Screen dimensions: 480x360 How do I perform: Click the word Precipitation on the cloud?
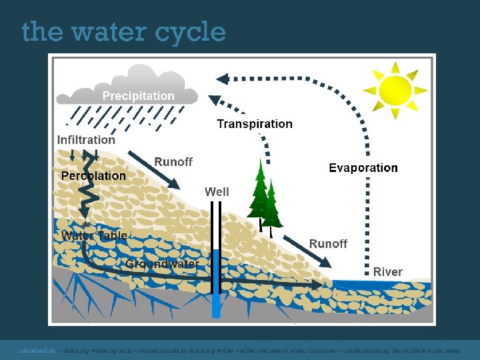click(138, 96)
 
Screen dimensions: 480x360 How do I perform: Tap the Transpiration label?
click(255, 124)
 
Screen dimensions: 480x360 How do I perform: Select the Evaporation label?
click(363, 168)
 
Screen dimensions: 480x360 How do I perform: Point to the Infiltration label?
click(86, 140)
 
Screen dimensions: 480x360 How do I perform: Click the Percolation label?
click(93, 176)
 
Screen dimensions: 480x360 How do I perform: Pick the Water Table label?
click(94, 236)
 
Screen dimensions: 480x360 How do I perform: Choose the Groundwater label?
click(162, 264)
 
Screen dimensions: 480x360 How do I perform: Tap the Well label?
click(217, 192)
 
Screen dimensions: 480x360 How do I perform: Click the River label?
click(388, 272)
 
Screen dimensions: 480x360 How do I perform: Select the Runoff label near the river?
click(328, 244)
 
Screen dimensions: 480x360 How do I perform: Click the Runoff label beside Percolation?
click(173, 162)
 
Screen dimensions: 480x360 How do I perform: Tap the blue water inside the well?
click(216, 280)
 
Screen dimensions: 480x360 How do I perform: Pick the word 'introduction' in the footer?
click(37, 349)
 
